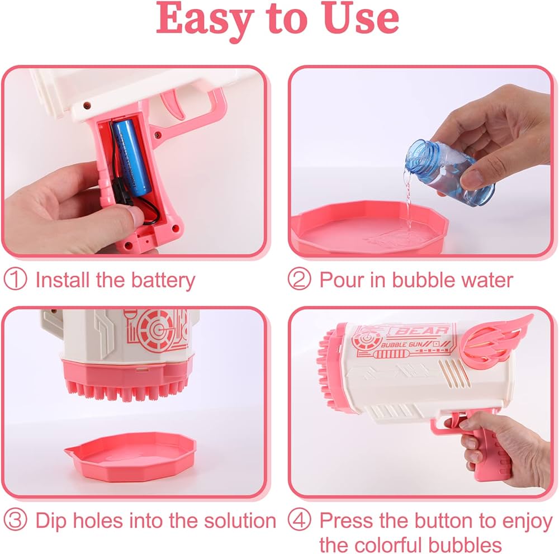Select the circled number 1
click(x=15, y=280)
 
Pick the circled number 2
click(x=299, y=280)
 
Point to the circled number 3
click(x=15, y=520)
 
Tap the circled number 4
click(x=299, y=520)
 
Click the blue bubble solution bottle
click(x=451, y=172)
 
